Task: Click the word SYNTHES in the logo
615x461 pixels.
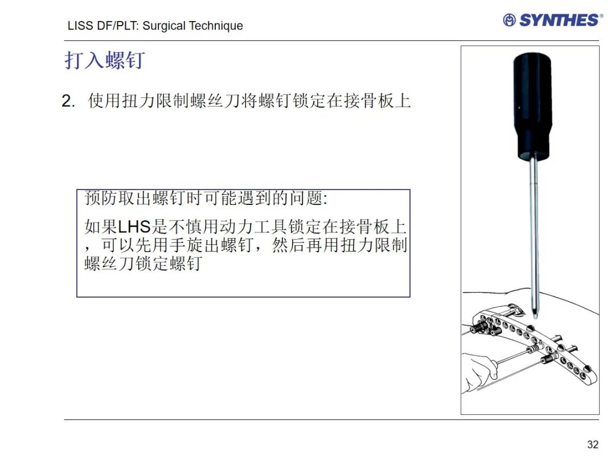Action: coord(559,20)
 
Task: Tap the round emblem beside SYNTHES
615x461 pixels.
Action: coord(509,20)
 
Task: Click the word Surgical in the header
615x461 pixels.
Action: coord(164,26)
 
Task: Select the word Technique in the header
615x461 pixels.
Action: coord(216,26)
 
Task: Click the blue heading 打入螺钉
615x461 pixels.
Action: coord(105,60)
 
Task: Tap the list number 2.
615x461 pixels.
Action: coord(68,101)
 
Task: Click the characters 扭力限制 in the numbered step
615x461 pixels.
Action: coord(155,101)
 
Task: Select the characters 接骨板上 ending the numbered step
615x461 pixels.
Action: coord(378,101)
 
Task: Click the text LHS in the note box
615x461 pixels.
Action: coord(134,227)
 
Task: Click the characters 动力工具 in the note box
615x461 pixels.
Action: coord(253,227)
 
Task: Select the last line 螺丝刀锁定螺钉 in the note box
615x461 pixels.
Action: coord(143,264)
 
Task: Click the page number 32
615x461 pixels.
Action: coord(593,444)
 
